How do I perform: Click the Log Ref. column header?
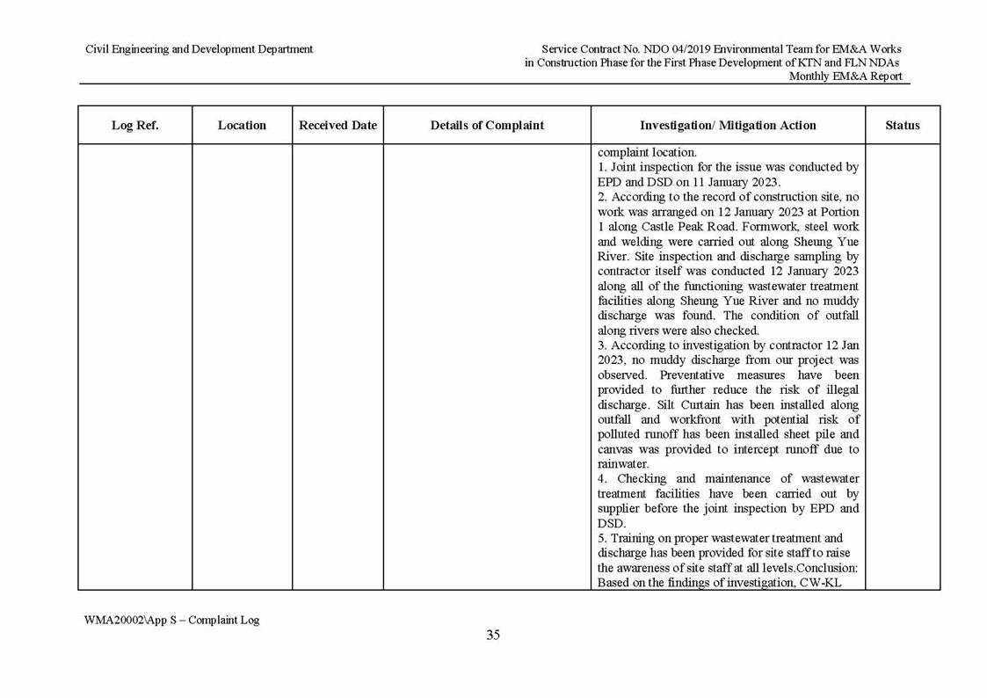pos(134,126)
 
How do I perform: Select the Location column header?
pos(242,126)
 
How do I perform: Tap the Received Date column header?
pos(337,126)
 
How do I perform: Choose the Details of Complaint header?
pos(487,126)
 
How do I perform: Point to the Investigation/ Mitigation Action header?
pos(728,126)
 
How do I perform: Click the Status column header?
pos(902,126)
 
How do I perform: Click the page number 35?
pos(493,635)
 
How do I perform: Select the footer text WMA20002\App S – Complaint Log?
pos(172,620)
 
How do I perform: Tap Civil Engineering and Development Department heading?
pos(199,49)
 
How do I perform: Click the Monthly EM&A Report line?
pos(845,76)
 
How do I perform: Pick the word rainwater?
pos(622,464)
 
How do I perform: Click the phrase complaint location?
pos(646,152)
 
